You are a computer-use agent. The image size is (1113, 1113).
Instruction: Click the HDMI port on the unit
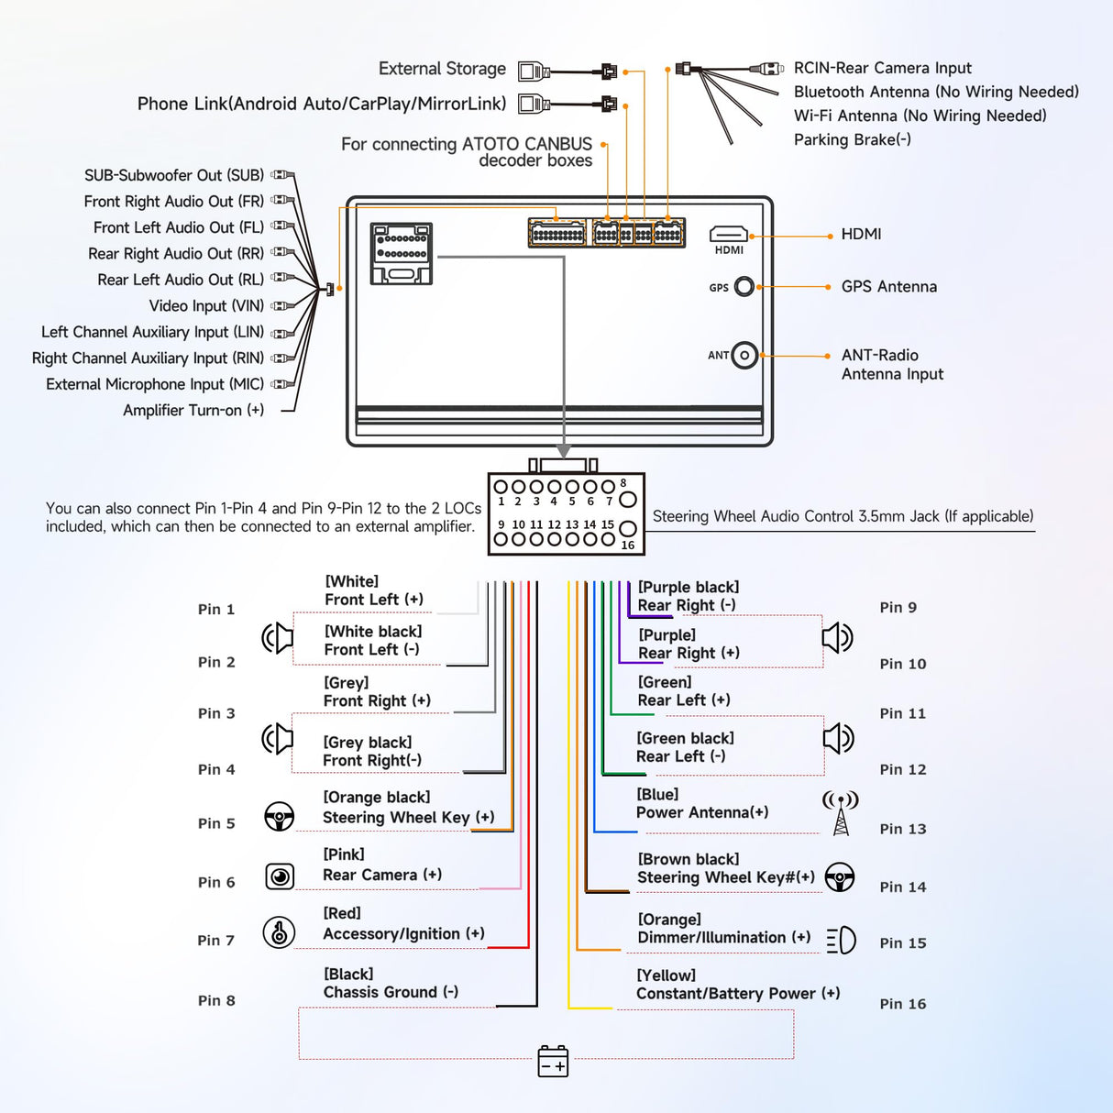click(x=728, y=235)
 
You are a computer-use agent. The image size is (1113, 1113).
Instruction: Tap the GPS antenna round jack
click(x=744, y=287)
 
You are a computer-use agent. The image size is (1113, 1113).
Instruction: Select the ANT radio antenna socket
click(x=744, y=355)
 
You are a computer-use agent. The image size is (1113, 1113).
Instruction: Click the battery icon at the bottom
click(x=553, y=1061)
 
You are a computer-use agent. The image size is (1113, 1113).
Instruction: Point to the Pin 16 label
click(x=903, y=1004)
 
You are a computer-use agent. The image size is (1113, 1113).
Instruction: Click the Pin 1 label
click(x=216, y=610)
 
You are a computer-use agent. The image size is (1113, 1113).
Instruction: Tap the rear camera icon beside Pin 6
click(x=280, y=876)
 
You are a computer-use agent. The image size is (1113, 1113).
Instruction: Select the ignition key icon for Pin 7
click(x=279, y=932)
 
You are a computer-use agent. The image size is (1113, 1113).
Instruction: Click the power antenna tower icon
click(x=841, y=813)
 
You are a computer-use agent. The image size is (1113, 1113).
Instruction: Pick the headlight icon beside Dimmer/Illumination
click(x=841, y=940)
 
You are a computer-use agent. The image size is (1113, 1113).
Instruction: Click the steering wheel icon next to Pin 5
click(x=279, y=816)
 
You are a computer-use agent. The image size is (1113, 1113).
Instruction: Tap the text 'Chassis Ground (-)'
click(x=391, y=992)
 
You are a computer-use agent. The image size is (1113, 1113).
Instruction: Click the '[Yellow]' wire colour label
click(x=666, y=975)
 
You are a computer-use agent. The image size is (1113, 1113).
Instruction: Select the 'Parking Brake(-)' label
click(x=852, y=139)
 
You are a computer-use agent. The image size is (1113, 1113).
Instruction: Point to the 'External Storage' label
click(x=442, y=69)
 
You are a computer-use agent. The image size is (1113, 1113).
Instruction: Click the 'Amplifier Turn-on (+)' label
click(x=193, y=410)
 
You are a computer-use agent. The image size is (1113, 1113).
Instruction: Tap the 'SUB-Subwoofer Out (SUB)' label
click(x=174, y=175)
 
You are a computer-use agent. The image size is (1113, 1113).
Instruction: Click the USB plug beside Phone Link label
click(x=534, y=104)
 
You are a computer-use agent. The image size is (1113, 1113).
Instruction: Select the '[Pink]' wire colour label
click(x=343, y=854)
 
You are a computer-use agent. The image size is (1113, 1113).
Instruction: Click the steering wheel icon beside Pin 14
click(x=840, y=877)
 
